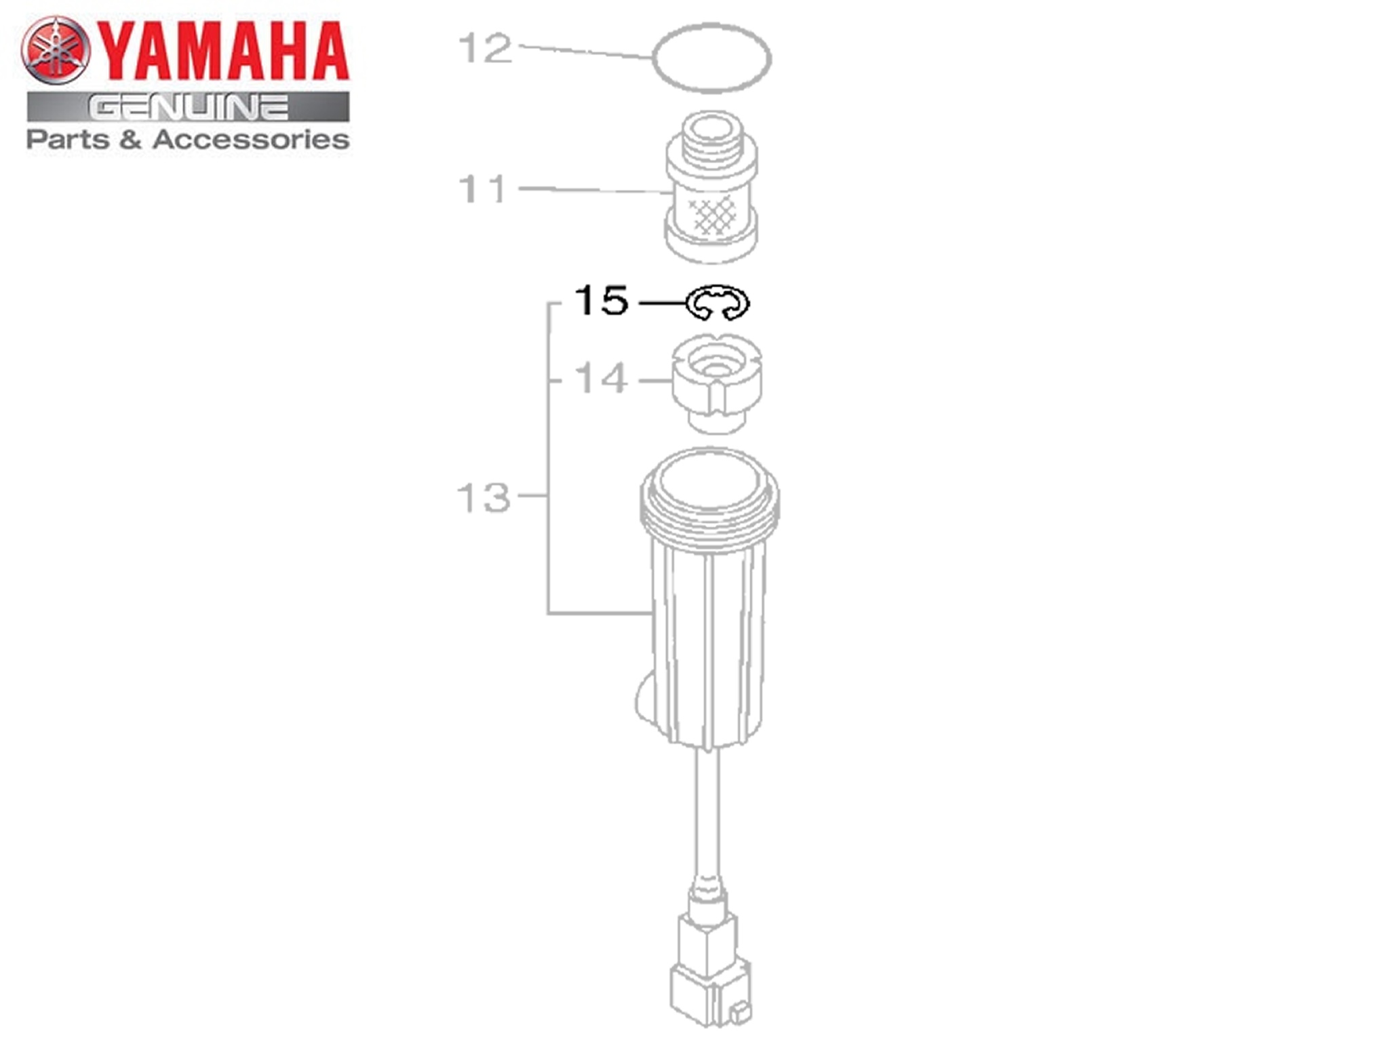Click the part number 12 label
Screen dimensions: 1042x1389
tap(484, 49)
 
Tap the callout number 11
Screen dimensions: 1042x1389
tap(482, 189)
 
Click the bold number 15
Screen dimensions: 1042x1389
tap(601, 301)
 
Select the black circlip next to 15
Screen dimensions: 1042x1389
tap(717, 303)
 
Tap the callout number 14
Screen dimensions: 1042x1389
tap(600, 379)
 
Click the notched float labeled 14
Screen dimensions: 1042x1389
tap(716, 384)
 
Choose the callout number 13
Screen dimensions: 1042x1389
tap(483, 497)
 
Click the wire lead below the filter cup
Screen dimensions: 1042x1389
tap(707, 814)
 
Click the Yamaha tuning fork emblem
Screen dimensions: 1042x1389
tap(55, 50)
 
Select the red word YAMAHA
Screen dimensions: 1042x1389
tap(224, 52)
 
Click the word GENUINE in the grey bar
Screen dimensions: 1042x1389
tap(188, 108)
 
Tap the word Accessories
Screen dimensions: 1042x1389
tap(251, 140)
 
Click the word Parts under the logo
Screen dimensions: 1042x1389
tap(67, 140)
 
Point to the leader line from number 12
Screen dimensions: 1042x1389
tap(583, 52)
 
